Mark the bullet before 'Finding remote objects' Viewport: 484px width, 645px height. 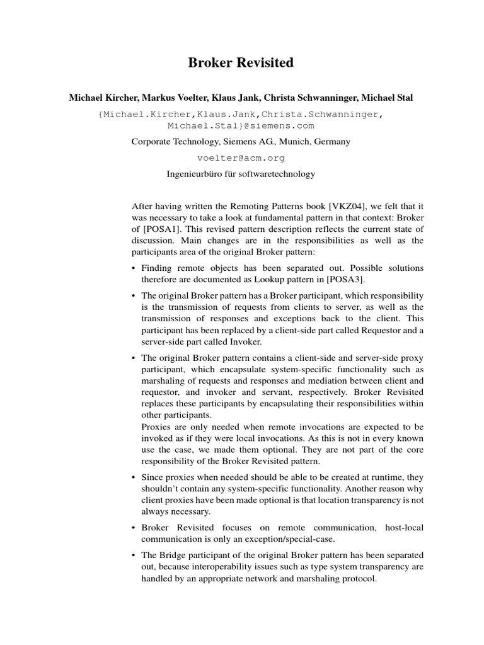[x=134, y=268]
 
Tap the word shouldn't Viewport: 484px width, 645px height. [x=161, y=489]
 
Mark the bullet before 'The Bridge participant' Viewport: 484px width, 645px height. [x=134, y=555]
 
